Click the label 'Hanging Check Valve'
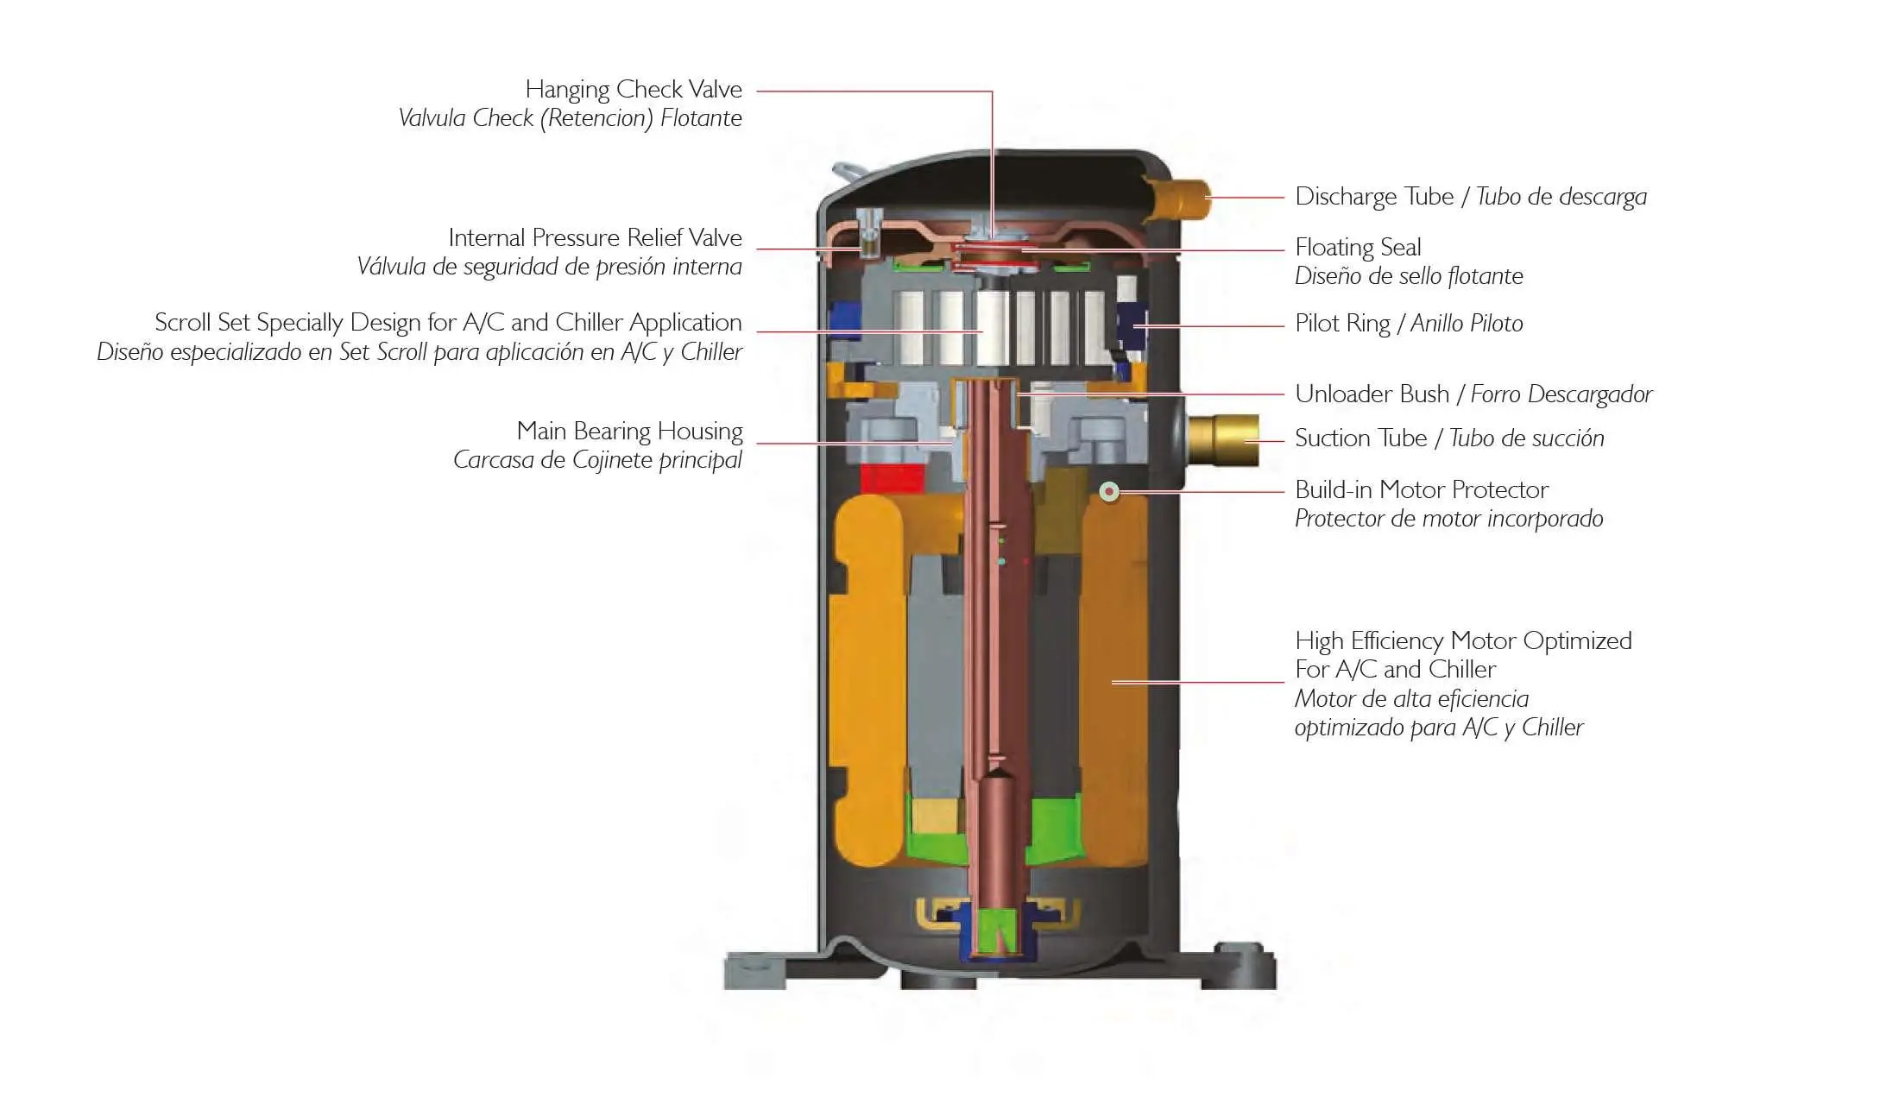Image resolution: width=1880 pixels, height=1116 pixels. tap(633, 90)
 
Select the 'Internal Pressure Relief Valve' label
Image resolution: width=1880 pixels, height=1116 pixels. tap(594, 238)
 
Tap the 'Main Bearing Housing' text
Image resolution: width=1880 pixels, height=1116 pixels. tap(629, 431)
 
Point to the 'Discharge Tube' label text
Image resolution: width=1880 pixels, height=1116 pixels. tap(1374, 197)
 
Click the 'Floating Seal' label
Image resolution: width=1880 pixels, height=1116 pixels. tap(1358, 248)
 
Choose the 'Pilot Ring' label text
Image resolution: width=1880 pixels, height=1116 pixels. tap(1342, 324)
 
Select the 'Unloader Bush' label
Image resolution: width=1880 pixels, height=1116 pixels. tap(1372, 394)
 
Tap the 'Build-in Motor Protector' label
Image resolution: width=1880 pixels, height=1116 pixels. tap(1422, 490)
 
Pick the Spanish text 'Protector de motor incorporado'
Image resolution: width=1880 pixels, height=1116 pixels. tap(1448, 519)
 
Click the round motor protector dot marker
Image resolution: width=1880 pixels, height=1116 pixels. tap(1109, 492)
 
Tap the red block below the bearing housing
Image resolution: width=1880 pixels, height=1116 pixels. tap(893, 478)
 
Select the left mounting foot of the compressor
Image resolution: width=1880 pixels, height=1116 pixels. tap(756, 970)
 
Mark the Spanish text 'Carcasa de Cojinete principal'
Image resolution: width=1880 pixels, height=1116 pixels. tap(597, 460)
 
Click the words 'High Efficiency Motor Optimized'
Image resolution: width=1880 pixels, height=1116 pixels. tap(1463, 641)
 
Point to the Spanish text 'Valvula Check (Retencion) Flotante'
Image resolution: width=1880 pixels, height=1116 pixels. tap(570, 118)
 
